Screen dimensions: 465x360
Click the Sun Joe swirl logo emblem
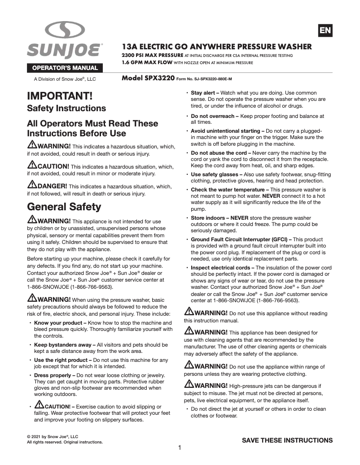click(65, 30)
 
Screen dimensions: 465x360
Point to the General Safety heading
click(64, 207)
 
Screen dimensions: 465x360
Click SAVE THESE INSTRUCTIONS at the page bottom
click(287, 440)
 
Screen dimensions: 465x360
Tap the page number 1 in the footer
click(180, 448)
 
